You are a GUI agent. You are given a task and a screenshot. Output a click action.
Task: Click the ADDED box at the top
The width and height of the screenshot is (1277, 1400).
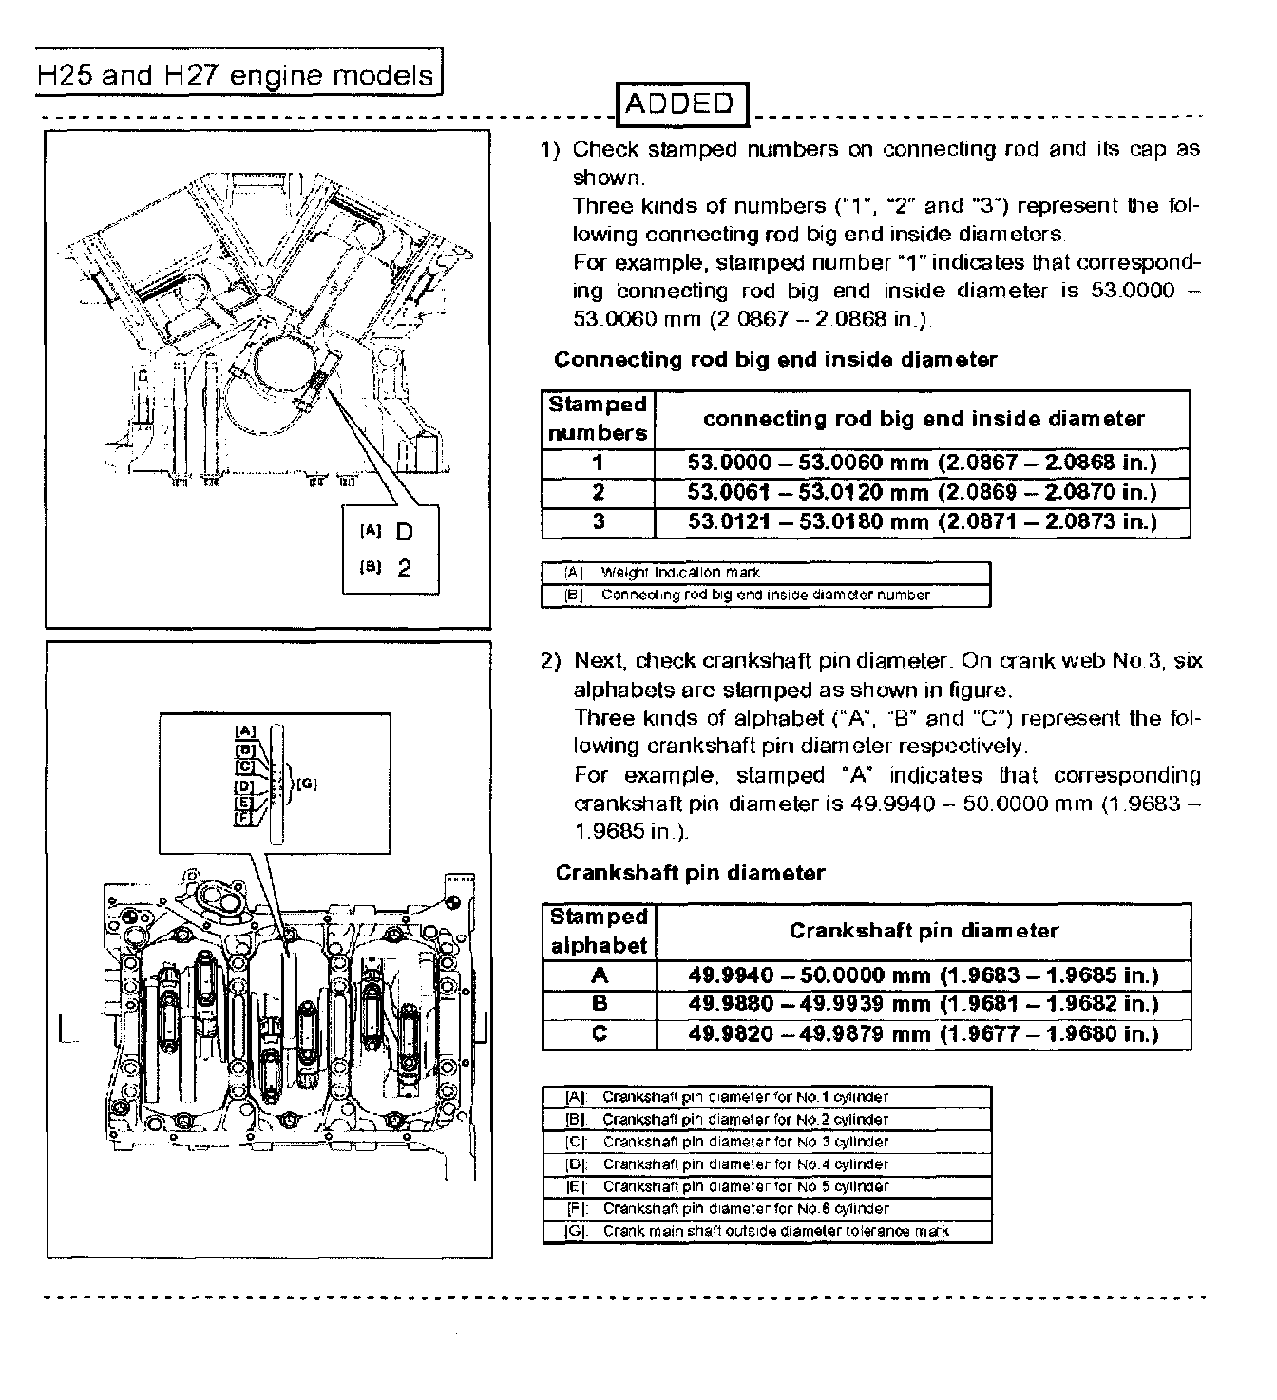click(680, 104)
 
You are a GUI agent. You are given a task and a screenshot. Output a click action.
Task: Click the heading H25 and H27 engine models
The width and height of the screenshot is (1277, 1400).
click(236, 74)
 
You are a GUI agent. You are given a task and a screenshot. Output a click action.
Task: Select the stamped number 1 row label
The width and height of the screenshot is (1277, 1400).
click(598, 464)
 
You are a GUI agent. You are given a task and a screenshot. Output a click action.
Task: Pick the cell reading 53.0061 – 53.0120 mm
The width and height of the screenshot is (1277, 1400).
click(922, 492)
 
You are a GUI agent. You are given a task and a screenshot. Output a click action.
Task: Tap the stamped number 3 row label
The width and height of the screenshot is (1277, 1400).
click(598, 521)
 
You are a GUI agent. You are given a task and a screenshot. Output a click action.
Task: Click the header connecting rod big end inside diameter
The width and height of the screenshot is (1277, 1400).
click(923, 419)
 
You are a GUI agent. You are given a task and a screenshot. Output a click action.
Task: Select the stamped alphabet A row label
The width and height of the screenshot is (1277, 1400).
click(599, 975)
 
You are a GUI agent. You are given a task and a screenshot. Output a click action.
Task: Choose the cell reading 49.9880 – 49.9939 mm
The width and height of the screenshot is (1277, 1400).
click(923, 1004)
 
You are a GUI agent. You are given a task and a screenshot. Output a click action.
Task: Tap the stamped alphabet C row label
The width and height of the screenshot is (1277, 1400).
click(599, 1033)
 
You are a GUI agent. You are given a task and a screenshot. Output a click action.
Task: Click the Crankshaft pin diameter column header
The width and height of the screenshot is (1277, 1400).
click(923, 931)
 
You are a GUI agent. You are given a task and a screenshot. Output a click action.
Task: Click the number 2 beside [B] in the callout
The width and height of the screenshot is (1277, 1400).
click(405, 568)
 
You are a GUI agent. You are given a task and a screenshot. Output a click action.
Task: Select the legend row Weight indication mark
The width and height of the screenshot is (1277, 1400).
click(766, 573)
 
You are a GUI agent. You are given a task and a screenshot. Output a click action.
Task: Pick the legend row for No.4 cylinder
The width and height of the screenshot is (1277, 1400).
click(766, 1164)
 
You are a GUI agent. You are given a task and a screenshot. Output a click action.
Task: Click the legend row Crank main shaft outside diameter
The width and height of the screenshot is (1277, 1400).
click(766, 1231)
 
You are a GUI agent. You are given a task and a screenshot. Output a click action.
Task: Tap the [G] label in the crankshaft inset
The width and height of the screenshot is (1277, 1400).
click(307, 784)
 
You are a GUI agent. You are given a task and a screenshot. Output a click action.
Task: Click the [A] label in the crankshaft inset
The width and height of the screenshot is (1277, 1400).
click(245, 730)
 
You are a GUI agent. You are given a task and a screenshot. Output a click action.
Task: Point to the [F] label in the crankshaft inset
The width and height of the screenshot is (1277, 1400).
click(243, 817)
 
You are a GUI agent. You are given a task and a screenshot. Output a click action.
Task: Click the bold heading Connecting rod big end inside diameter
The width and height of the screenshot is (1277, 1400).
click(775, 359)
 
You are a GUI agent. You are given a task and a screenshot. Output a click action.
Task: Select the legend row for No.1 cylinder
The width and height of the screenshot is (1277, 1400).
click(766, 1097)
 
